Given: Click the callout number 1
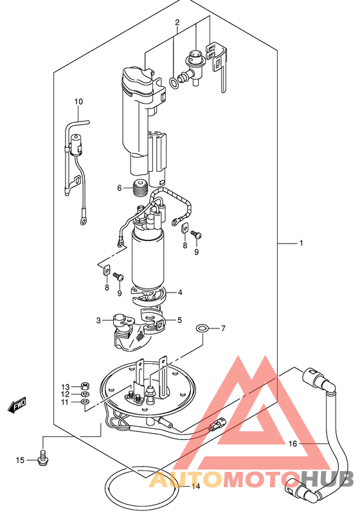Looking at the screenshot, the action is click(x=301, y=244).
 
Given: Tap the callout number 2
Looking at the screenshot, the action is click(x=177, y=22).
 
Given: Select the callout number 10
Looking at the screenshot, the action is click(x=78, y=102).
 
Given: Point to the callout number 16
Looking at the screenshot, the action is click(x=292, y=444).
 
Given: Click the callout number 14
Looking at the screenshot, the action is click(x=196, y=487).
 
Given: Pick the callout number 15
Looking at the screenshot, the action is click(x=20, y=460).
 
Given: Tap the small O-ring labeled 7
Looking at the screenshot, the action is click(x=203, y=328).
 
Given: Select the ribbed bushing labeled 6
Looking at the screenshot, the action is click(x=139, y=188).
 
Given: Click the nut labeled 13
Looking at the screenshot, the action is click(x=85, y=386).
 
